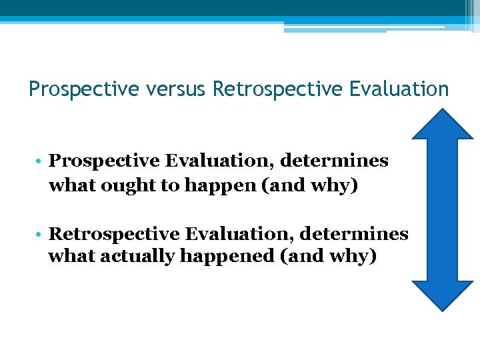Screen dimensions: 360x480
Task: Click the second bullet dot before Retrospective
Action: click(41, 235)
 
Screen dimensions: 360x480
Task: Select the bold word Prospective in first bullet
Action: click(105, 161)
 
